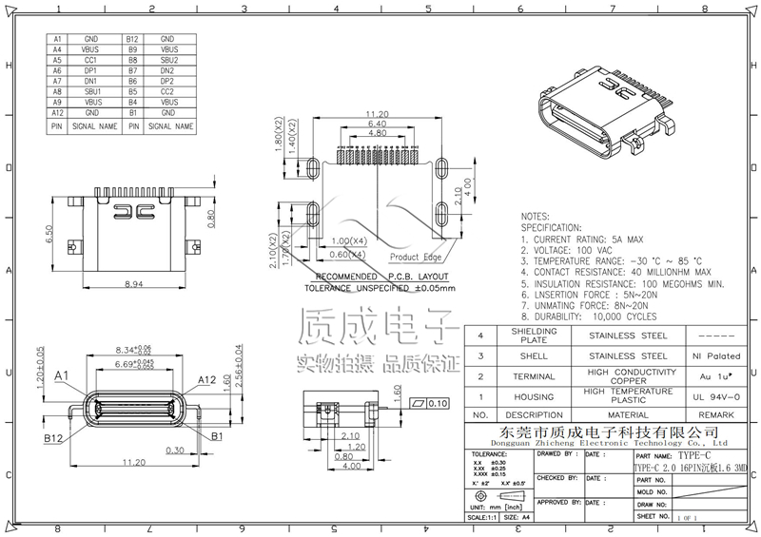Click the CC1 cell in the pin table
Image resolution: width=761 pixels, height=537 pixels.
(x=92, y=60)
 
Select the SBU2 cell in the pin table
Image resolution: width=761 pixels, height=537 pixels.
(x=168, y=60)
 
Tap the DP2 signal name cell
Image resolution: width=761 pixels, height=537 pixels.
(x=168, y=81)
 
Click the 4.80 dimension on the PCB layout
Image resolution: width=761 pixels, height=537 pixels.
(x=378, y=134)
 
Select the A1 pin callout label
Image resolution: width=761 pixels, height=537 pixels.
(x=63, y=377)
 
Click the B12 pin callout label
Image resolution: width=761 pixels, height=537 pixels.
(x=54, y=440)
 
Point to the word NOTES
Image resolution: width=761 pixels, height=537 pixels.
(x=536, y=218)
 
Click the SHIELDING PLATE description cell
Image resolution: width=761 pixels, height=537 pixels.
(x=534, y=336)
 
